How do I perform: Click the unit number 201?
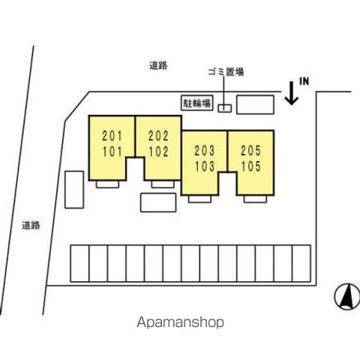(x=112, y=136)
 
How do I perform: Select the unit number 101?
(x=112, y=151)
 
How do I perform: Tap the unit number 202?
(x=158, y=136)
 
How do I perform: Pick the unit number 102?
(x=158, y=151)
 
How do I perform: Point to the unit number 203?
(x=205, y=151)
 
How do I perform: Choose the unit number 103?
(x=205, y=166)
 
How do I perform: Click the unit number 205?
(x=250, y=151)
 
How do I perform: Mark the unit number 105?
(x=250, y=166)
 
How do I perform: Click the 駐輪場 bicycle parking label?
(x=197, y=103)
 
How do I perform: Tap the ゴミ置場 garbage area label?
(x=226, y=72)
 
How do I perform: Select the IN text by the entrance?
(x=304, y=81)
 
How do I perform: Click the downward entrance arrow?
(x=292, y=93)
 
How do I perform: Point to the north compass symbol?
(x=347, y=296)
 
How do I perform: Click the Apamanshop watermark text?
(x=180, y=322)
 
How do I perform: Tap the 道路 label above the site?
(x=158, y=66)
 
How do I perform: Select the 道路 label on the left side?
(x=31, y=225)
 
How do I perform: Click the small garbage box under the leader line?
(x=225, y=108)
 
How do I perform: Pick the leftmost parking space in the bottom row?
(x=79, y=263)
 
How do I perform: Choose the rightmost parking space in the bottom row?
(x=301, y=263)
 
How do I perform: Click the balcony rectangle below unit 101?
(x=107, y=184)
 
